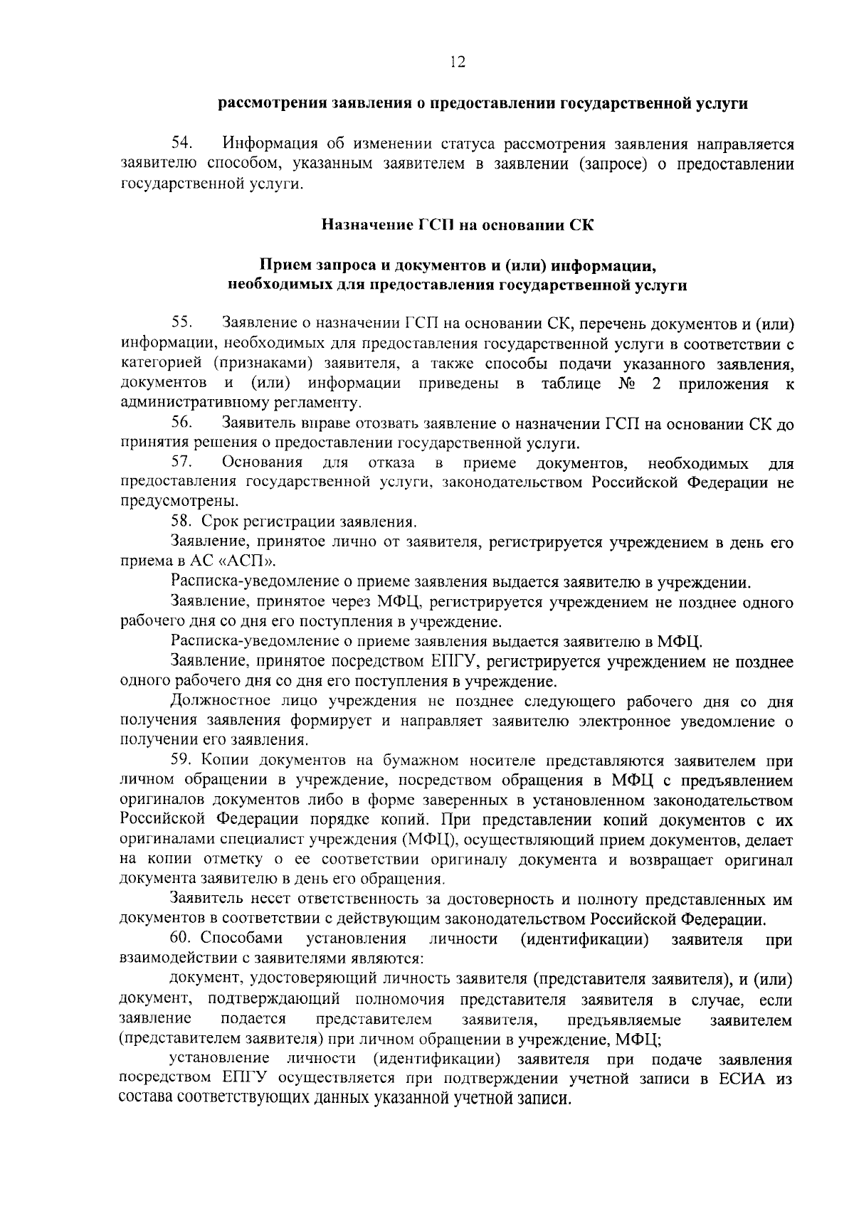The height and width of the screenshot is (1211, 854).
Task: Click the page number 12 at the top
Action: [457, 63]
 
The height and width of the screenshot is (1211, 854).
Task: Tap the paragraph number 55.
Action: [182, 324]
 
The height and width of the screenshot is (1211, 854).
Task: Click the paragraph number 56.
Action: [182, 424]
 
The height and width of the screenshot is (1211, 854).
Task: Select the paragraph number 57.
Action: [182, 464]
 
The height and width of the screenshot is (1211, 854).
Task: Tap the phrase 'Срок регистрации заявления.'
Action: [309, 522]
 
